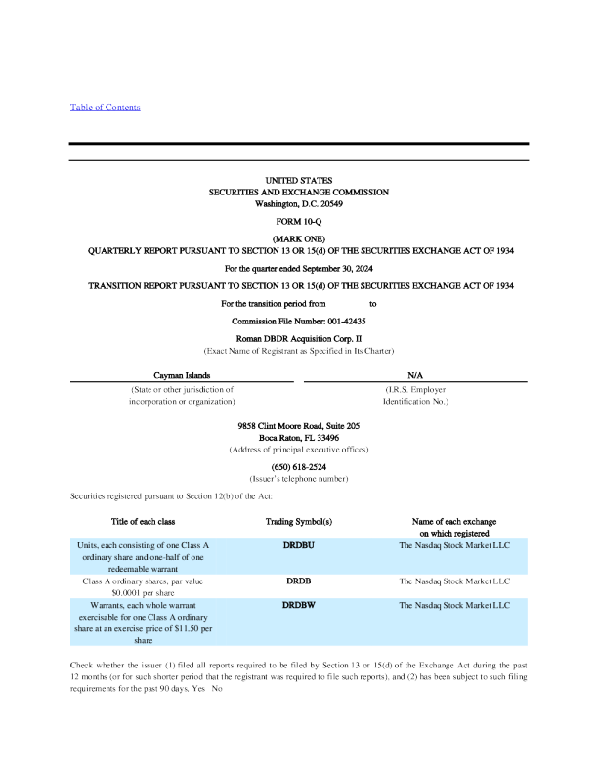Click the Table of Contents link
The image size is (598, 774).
coord(105,107)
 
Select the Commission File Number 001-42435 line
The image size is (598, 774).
coord(299,321)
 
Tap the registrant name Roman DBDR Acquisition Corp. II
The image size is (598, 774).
coord(299,336)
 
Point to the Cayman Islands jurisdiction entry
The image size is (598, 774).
coord(182,375)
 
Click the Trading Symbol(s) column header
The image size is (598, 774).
coord(299,522)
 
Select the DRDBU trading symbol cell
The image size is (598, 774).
coord(299,545)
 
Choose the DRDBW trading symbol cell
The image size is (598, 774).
coord(299,606)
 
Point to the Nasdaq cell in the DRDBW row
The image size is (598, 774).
coord(454,606)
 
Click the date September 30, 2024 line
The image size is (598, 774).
coord(299,267)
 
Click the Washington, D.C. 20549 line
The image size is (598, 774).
coord(299,203)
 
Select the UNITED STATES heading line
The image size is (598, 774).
coord(299,181)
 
